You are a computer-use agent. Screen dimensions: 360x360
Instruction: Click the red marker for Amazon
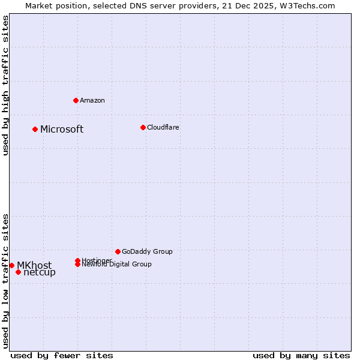76,100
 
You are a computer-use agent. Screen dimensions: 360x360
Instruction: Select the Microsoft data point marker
35,129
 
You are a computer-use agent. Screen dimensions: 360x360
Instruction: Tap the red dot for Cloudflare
143,127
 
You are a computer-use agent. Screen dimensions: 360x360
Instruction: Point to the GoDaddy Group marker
118,251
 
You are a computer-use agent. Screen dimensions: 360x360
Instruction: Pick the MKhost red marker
11,265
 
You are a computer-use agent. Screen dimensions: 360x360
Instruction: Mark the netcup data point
18,272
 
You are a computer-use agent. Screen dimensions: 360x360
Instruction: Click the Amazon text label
92,100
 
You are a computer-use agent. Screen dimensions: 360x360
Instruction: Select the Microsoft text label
62,129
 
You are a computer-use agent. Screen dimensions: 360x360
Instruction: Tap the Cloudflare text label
163,127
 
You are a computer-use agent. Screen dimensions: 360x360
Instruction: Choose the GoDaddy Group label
147,251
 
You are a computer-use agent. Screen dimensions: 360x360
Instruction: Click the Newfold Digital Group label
117,264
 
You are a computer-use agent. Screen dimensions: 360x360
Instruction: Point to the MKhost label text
34,265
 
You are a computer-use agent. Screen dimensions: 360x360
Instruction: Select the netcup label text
40,272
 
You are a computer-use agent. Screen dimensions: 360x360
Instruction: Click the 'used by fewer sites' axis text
62,355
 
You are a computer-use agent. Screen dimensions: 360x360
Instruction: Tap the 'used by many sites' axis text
301,355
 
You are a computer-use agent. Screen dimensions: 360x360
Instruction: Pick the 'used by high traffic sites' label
6,85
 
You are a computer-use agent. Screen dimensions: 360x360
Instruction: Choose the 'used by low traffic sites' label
6,280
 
